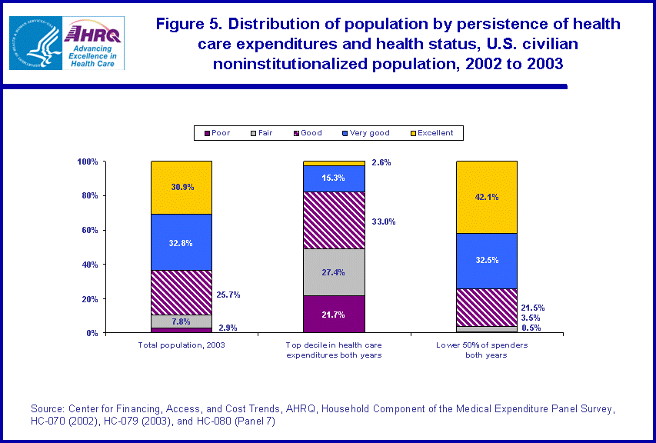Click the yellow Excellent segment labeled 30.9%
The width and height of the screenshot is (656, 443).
click(x=181, y=187)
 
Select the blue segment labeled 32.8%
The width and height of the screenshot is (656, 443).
click(x=181, y=242)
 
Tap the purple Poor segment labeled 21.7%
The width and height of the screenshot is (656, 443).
click(x=334, y=315)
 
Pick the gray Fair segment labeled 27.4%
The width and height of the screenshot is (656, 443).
click(x=334, y=272)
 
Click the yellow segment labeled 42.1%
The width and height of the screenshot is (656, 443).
click(x=486, y=197)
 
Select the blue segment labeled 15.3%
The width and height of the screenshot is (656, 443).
click(x=334, y=178)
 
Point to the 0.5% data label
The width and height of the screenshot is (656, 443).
click(x=531, y=328)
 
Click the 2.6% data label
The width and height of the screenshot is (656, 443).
click(x=382, y=162)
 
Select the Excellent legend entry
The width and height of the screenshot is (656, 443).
click(x=431, y=133)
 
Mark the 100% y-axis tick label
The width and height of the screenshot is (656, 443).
click(x=87, y=162)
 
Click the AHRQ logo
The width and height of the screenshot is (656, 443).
click(x=92, y=43)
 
